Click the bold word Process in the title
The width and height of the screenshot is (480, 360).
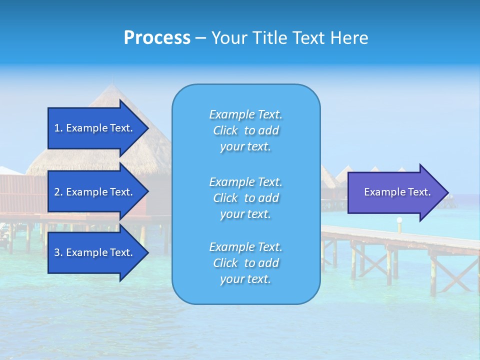point(157,38)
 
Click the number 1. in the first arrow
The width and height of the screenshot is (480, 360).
point(58,128)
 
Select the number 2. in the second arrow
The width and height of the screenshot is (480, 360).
point(58,192)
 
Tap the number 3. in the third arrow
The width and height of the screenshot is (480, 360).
point(58,252)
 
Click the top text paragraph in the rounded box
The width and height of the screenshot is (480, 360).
point(245,130)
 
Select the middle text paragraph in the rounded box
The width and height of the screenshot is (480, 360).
point(245,198)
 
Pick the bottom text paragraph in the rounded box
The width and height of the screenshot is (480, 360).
point(245,263)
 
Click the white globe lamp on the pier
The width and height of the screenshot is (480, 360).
point(399,220)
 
